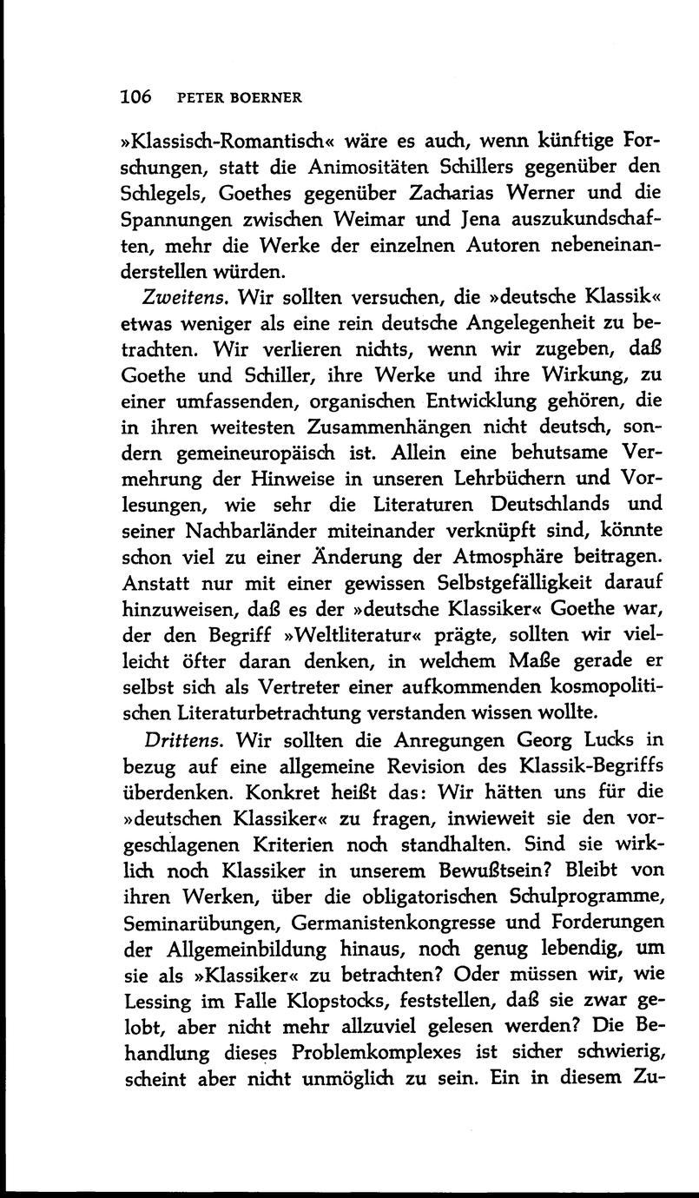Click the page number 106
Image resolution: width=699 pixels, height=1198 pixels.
pos(135,96)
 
